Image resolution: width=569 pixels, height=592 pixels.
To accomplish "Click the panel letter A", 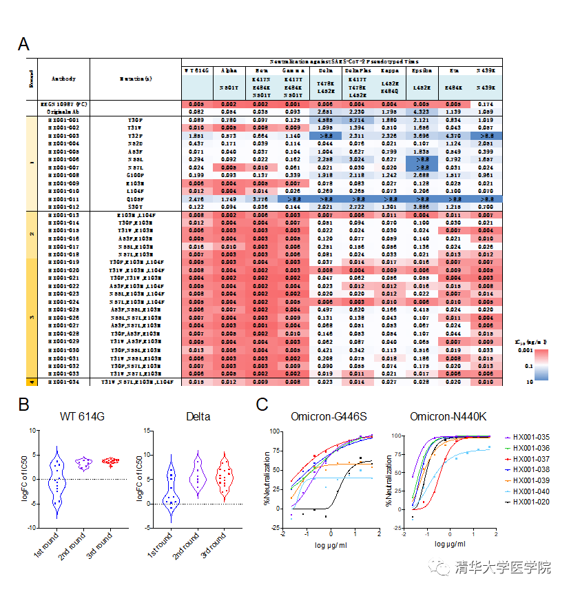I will tap(23, 45).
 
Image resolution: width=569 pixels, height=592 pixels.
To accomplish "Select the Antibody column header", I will tap(64, 79).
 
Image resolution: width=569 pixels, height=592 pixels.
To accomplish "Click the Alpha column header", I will tap(228, 70).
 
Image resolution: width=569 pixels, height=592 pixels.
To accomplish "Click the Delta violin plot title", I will tap(198, 417).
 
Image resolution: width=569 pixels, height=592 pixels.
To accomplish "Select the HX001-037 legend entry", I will tap(530, 459).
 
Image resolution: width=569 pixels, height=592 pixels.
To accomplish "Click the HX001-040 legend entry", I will tap(530, 491).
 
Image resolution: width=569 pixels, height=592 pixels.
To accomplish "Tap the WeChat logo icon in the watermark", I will tap(439, 567).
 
